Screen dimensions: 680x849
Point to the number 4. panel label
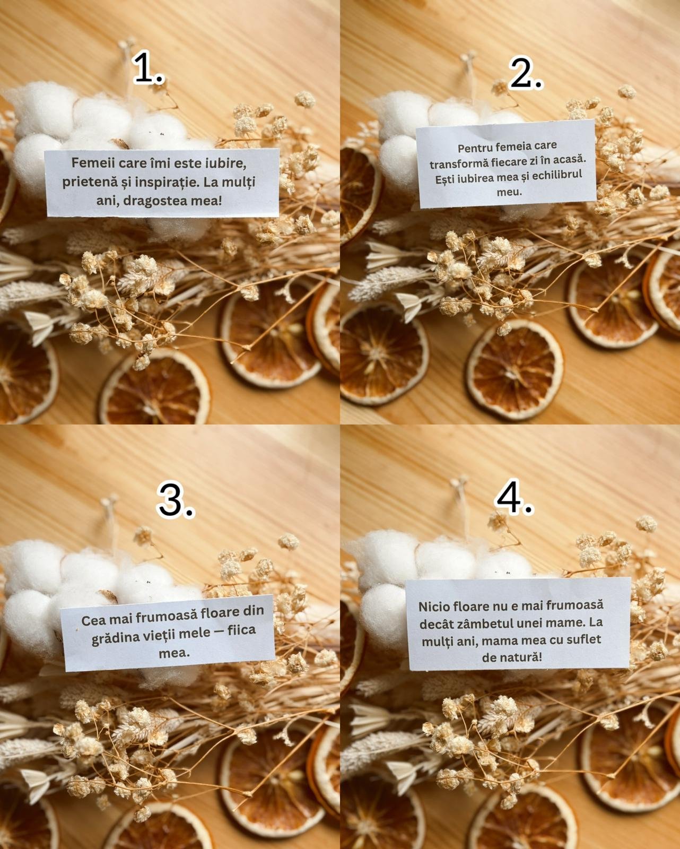[x=515, y=496]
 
